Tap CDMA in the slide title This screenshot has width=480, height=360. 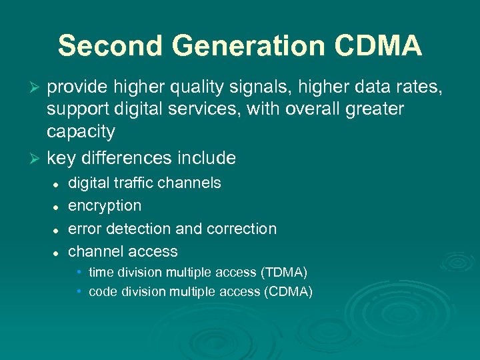click(x=377, y=47)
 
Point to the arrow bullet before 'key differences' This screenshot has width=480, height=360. click(x=37, y=159)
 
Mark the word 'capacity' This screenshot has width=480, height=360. click(x=81, y=132)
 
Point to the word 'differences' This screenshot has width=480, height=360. click(x=123, y=158)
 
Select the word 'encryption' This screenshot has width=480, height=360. click(x=105, y=205)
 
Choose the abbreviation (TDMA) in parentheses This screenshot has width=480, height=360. click(x=283, y=272)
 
